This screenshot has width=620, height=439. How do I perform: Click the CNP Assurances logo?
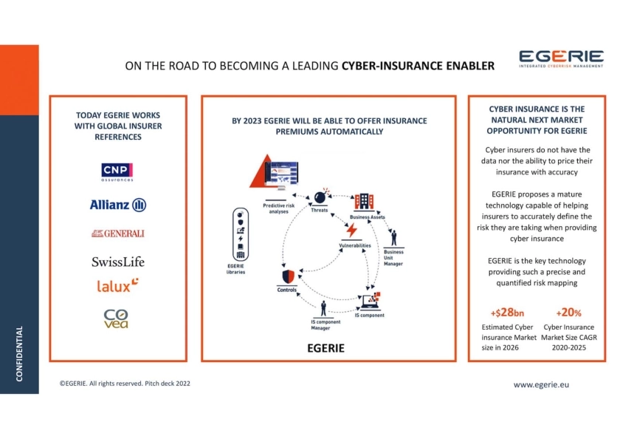pos(117,171)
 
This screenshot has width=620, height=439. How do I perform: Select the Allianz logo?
pos(118,205)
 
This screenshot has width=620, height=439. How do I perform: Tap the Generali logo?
pos(118,234)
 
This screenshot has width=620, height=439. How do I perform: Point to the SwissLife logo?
pos(118,262)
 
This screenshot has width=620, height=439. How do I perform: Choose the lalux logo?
pos(118,285)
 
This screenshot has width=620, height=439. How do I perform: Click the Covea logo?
pos(116,319)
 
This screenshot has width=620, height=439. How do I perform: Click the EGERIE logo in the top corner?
pos(560,58)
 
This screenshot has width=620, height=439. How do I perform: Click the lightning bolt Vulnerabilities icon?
pos(352,231)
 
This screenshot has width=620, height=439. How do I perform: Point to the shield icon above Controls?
pos(287,276)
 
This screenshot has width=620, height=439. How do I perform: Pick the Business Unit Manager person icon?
pos(393,238)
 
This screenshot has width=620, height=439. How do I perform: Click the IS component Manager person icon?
pos(323,308)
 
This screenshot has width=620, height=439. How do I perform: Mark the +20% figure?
pos(568,313)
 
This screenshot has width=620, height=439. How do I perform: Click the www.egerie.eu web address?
pos(541,384)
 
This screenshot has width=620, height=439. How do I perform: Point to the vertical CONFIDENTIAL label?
pos(20,354)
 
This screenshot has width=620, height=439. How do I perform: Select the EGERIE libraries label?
pos(235,269)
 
